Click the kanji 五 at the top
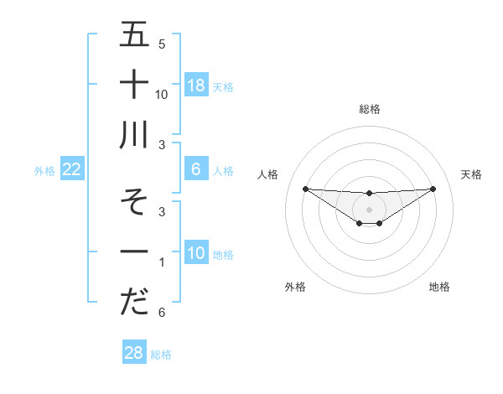[135, 35]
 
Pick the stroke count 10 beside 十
[163, 94]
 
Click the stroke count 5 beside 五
[162, 44]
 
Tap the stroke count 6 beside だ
[162, 313]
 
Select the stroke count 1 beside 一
[162, 263]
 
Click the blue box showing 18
[196, 86]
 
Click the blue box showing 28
[134, 353]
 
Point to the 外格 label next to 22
[44, 171]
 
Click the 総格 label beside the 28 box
[161, 355]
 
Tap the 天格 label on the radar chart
[471, 174]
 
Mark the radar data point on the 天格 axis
[433, 189]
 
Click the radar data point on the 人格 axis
[305, 189]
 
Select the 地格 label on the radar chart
[439, 287]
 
